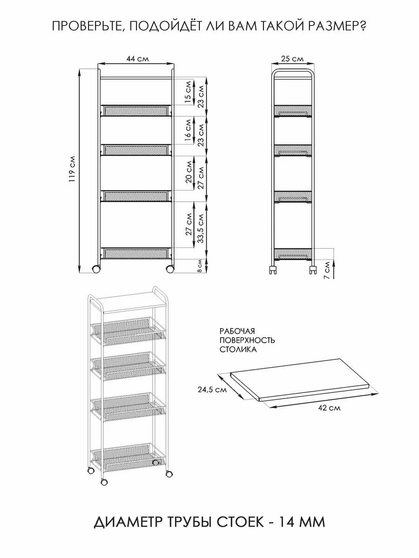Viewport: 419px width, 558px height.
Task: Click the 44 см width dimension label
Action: pos(136,59)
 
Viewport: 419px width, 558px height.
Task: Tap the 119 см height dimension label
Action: pos(71,170)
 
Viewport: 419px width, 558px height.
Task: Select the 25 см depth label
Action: pos(293,59)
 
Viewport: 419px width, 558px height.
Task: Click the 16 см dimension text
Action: pos(188,131)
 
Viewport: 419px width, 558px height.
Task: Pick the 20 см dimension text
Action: pos(189,173)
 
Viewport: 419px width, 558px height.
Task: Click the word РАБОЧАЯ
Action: pos(237,331)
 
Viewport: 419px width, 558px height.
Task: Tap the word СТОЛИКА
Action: pos(238,350)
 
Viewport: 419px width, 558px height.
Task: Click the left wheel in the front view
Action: pos(96,269)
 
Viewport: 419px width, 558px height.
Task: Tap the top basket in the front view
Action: pos(136,111)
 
